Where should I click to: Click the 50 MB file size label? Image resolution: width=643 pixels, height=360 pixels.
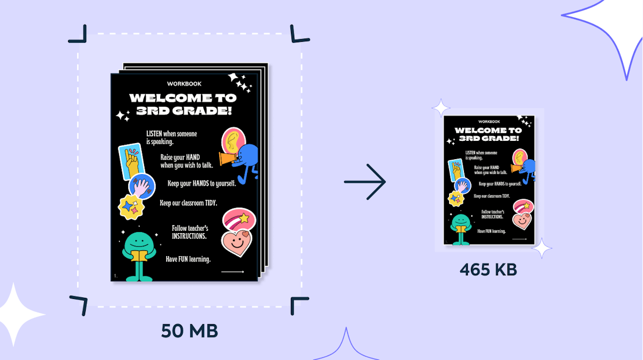pos(190,331)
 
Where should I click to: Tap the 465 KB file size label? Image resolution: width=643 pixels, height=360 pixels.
pos(488,270)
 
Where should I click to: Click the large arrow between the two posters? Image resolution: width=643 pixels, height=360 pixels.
pos(365,182)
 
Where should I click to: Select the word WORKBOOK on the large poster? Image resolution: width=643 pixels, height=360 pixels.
pos(184,84)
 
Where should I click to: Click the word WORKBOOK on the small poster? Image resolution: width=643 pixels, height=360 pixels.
pos(489,122)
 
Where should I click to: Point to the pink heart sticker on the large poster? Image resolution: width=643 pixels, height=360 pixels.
pos(237,243)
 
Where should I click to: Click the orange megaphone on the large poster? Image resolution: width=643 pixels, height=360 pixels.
pos(228,159)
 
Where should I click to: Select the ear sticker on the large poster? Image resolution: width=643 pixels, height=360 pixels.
pos(234,140)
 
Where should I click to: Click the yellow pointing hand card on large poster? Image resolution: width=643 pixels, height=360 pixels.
pos(131,161)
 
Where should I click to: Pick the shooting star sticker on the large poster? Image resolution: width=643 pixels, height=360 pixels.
pos(239,219)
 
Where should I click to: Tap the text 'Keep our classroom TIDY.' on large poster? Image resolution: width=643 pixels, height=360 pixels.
pos(188,203)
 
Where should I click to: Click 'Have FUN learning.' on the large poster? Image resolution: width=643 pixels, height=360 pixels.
pos(188,259)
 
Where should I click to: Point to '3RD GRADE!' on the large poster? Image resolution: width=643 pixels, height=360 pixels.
pos(184,111)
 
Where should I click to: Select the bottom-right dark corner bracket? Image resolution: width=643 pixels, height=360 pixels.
pos(300,306)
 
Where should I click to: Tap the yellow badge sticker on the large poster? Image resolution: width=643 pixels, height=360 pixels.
pos(131,207)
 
